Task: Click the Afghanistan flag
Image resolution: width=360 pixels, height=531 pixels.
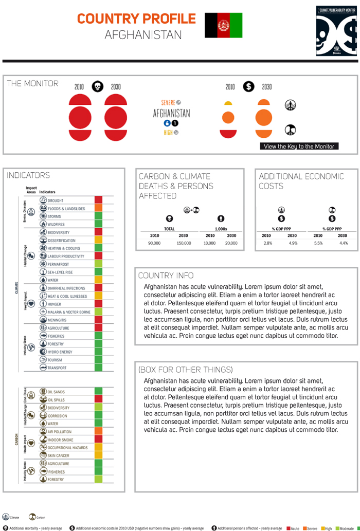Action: (223, 25)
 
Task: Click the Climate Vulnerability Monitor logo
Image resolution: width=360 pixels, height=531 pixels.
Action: (336, 31)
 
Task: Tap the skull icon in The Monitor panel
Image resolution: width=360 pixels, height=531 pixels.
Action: (97, 86)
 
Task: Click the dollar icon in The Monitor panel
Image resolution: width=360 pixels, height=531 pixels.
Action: (248, 86)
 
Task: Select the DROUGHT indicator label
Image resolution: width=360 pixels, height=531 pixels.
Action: (56, 200)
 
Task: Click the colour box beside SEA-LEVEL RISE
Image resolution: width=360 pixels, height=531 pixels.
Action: (98, 272)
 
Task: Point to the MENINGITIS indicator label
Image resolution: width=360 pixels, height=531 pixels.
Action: (57, 320)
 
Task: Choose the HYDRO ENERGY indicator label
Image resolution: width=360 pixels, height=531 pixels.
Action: (60, 352)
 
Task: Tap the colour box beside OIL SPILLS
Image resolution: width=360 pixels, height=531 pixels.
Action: (98, 399)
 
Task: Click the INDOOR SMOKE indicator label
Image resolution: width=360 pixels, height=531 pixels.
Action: (60, 440)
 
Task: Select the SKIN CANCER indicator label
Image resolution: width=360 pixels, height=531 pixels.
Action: (58, 455)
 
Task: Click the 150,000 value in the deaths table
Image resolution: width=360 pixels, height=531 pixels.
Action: (184, 243)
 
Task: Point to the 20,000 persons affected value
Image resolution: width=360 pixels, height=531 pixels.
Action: (230, 243)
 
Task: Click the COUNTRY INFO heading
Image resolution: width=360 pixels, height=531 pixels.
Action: (166, 276)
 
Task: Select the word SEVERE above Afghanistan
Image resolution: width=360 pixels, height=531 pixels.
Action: (168, 102)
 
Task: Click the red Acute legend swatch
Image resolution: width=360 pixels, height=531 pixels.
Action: (289, 528)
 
